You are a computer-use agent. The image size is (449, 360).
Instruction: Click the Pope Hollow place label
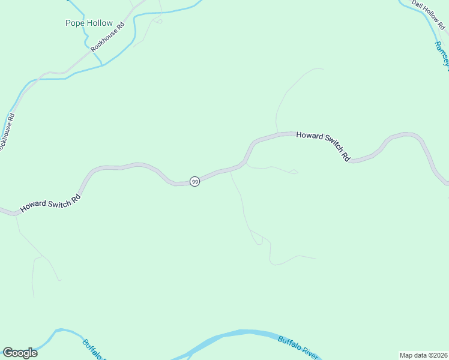(x=89, y=23)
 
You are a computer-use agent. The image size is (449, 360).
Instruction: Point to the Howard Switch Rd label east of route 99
(x=324, y=146)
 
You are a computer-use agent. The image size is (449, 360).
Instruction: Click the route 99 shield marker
(x=194, y=181)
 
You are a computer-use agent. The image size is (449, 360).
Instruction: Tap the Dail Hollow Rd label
(x=428, y=13)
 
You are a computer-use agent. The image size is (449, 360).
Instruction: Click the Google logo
(x=20, y=353)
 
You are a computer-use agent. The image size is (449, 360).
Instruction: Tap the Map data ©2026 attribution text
(x=423, y=355)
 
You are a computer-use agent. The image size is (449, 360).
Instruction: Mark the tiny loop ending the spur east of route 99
(x=294, y=172)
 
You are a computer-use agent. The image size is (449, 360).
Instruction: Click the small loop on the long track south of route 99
(x=259, y=241)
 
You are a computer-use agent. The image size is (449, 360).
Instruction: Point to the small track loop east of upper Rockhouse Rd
(x=158, y=21)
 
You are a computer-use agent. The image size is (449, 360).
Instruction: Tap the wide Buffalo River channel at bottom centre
(x=240, y=335)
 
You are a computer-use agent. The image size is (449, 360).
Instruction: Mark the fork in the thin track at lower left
(x=40, y=257)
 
